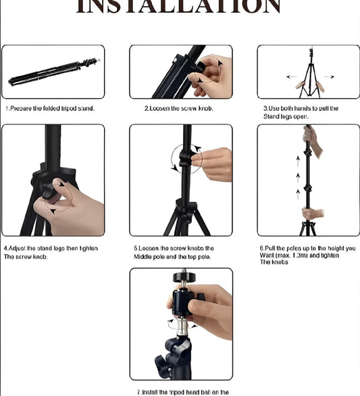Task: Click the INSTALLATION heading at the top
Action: (178, 7)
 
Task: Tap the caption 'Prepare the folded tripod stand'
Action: (50, 108)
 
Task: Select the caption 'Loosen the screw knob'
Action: (178, 108)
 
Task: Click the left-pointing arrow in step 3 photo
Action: (291, 76)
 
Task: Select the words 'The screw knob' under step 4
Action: (26, 257)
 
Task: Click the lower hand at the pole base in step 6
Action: (312, 214)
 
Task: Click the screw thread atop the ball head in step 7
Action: (181, 278)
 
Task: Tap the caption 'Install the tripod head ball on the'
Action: (182, 392)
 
